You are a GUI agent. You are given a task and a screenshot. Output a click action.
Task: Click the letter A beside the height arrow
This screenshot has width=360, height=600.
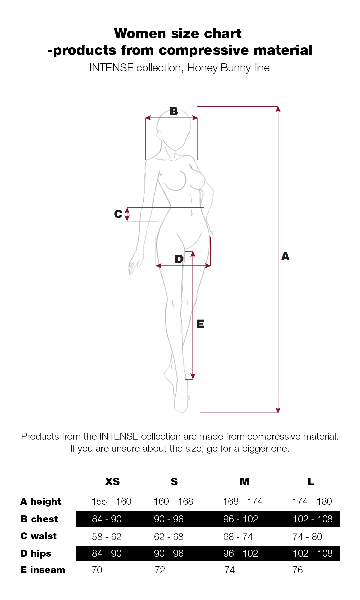285,256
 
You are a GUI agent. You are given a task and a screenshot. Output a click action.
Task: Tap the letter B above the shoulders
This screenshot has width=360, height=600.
174,111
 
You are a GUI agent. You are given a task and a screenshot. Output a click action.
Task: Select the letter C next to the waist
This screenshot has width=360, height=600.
118,214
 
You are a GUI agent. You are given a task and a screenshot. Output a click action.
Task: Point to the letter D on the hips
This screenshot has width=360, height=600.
179,259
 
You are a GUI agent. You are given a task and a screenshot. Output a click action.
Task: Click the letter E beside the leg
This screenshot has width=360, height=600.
200,324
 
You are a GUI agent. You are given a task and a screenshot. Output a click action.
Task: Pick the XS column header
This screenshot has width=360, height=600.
112,482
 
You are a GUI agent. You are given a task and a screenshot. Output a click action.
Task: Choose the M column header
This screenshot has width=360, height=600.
244,482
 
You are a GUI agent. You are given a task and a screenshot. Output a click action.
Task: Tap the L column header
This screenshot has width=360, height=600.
311,482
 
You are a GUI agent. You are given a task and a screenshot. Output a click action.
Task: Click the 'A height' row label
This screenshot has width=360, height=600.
41,502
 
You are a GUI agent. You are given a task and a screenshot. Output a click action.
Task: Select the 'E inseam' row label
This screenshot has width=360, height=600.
43,570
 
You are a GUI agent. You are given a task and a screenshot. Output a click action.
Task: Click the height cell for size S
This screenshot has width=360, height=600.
173,501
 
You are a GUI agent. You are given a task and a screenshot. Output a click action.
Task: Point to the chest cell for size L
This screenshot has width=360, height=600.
313,519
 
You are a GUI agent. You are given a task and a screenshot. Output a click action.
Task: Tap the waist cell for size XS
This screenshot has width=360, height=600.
107,537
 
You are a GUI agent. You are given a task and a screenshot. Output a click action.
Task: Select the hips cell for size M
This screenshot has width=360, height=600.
241,553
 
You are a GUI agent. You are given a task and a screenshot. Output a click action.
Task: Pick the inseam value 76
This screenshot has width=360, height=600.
298,570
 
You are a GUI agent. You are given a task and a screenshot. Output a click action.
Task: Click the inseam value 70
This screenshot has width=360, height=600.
97,570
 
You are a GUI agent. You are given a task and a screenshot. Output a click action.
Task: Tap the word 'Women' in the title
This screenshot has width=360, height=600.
140,33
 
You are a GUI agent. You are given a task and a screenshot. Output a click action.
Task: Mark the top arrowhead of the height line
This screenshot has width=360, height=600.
278,109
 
